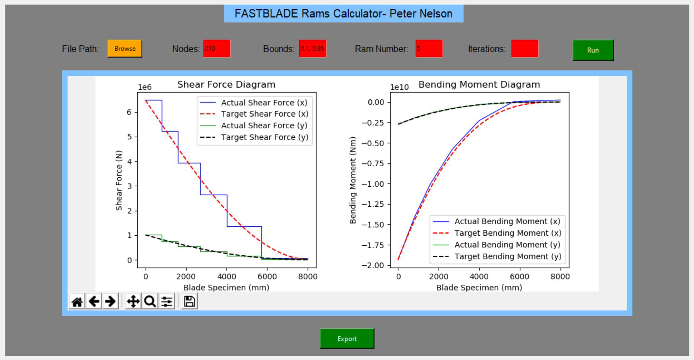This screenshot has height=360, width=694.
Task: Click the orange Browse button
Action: pyautogui.click(x=125, y=49)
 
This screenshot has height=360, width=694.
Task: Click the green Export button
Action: pyautogui.click(x=347, y=338)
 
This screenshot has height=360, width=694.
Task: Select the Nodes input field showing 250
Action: pyautogui.click(x=217, y=49)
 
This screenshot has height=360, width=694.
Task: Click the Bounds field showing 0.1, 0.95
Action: pyautogui.click(x=313, y=49)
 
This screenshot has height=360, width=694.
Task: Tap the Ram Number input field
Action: pyautogui.click(x=429, y=49)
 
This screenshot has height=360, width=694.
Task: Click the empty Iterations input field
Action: pyautogui.click(x=525, y=49)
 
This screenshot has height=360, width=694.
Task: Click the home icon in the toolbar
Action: pyautogui.click(x=77, y=301)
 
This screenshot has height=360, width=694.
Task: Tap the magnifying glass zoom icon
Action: pyautogui.click(x=150, y=301)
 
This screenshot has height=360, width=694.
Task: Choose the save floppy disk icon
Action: pyautogui.click(x=189, y=301)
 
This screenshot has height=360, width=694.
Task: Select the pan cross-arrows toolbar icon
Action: pyautogui.click(x=133, y=301)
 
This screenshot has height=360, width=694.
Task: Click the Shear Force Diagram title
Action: pyautogui.click(x=226, y=85)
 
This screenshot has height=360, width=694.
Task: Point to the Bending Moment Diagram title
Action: pyautogui.click(x=479, y=85)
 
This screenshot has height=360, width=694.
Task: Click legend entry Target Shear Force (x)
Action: pyautogui.click(x=264, y=114)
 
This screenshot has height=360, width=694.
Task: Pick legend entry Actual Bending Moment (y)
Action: pyautogui.click(x=507, y=245)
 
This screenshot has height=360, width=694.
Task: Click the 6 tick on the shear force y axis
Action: pyautogui.click(x=129, y=112)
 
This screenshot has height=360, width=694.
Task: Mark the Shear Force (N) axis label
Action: pyautogui.click(x=119, y=180)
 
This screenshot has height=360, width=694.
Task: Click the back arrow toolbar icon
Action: pyautogui.click(x=94, y=301)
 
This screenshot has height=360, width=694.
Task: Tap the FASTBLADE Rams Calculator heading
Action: pyautogui.click(x=343, y=14)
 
